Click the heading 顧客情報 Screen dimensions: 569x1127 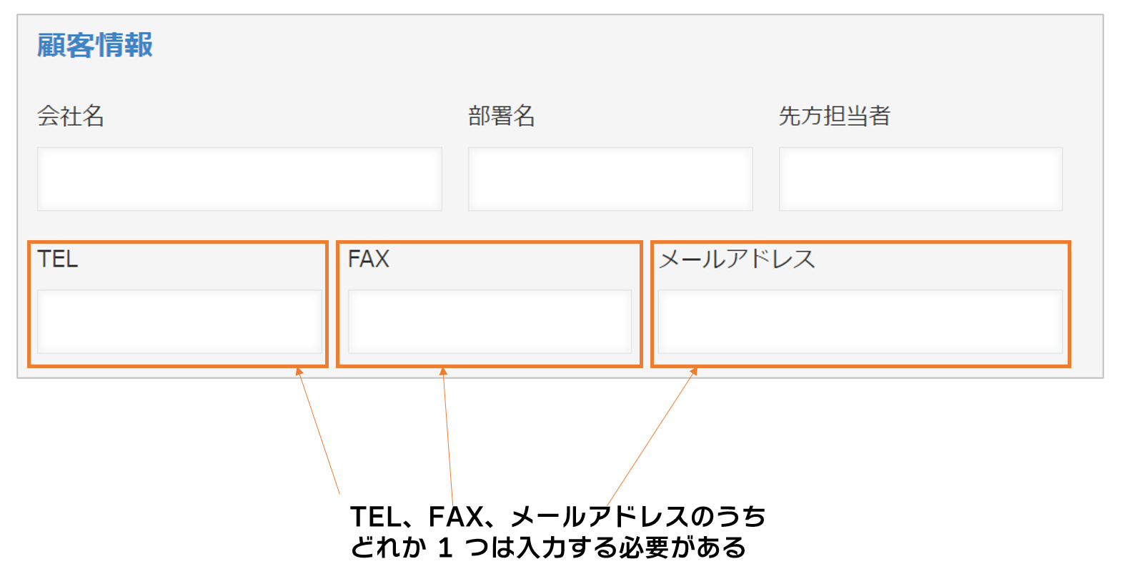[x=95, y=45]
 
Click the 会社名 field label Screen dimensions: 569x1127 [x=71, y=116]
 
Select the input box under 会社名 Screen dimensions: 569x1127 [x=239, y=179]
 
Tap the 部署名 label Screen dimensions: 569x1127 [x=502, y=116]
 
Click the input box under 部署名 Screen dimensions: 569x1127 [x=610, y=179]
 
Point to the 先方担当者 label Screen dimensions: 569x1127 [x=834, y=116]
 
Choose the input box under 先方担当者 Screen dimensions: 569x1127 [x=920, y=179]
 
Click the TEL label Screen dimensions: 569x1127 [x=57, y=259]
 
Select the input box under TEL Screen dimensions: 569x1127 [x=179, y=322]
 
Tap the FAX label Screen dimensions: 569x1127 [x=368, y=259]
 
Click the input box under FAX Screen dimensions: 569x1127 [x=490, y=322]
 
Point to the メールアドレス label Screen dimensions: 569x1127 [x=737, y=259]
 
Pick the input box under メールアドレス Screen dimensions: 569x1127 [x=860, y=322]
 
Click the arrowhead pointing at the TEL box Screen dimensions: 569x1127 [x=299, y=371]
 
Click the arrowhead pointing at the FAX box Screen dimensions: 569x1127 [x=443, y=371]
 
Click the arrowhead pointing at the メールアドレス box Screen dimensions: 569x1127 [x=693, y=371]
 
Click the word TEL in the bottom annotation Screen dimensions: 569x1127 [x=377, y=516]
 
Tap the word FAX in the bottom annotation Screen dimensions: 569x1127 [x=455, y=516]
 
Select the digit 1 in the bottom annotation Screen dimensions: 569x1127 [x=445, y=548]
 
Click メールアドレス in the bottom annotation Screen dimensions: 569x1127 [x=600, y=516]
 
